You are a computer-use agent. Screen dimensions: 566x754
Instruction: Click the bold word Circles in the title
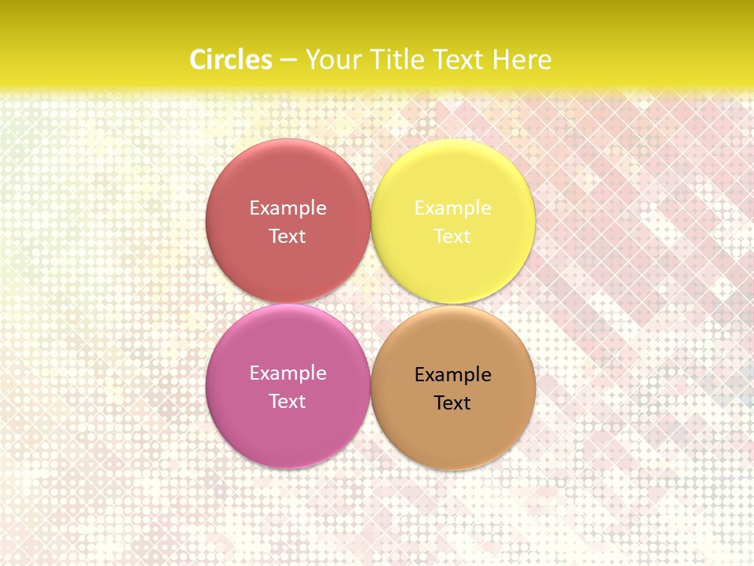[x=231, y=60]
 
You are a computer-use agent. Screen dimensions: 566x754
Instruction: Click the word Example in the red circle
[x=287, y=208]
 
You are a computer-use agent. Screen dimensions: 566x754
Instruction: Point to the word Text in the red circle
[x=287, y=236]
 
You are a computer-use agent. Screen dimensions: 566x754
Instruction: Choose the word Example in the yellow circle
[x=452, y=208]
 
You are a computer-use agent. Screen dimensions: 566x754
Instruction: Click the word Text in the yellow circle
[x=452, y=236]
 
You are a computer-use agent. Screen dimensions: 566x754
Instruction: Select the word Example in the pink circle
[x=287, y=373]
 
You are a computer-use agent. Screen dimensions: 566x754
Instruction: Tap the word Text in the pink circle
[x=287, y=401]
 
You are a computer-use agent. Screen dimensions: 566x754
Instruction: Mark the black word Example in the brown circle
[x=452, y=374]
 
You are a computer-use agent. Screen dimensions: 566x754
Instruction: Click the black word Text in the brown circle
[x=452, y=402]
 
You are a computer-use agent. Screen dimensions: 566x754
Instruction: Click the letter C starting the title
[x=198, y=60]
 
